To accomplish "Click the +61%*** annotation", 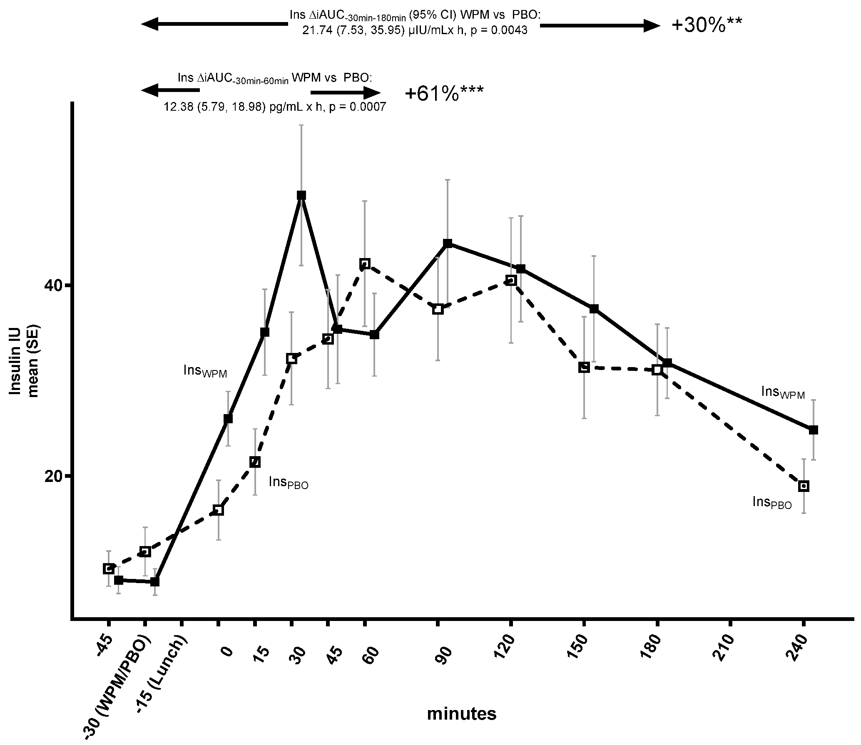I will click(444, 94).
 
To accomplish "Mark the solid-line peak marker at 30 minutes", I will click(301, 195).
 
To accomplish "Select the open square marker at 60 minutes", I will click(365, 263).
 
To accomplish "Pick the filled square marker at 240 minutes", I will click(813, 430).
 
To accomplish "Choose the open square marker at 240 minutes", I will click(804, 486).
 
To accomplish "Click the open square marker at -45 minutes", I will click(109, 569).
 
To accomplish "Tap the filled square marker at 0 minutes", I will click(228, 419).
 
